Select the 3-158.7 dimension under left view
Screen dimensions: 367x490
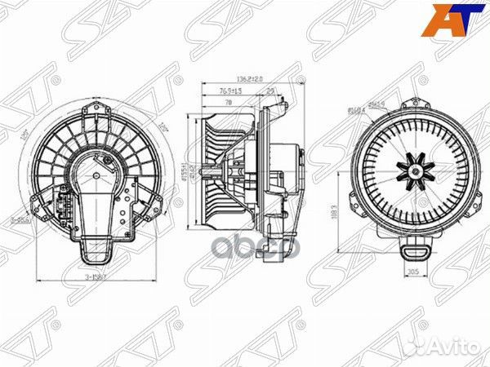[x=98, y=278]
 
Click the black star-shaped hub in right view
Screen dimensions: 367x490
[x=412, y=171]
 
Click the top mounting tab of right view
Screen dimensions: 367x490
[x=413, y=103]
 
